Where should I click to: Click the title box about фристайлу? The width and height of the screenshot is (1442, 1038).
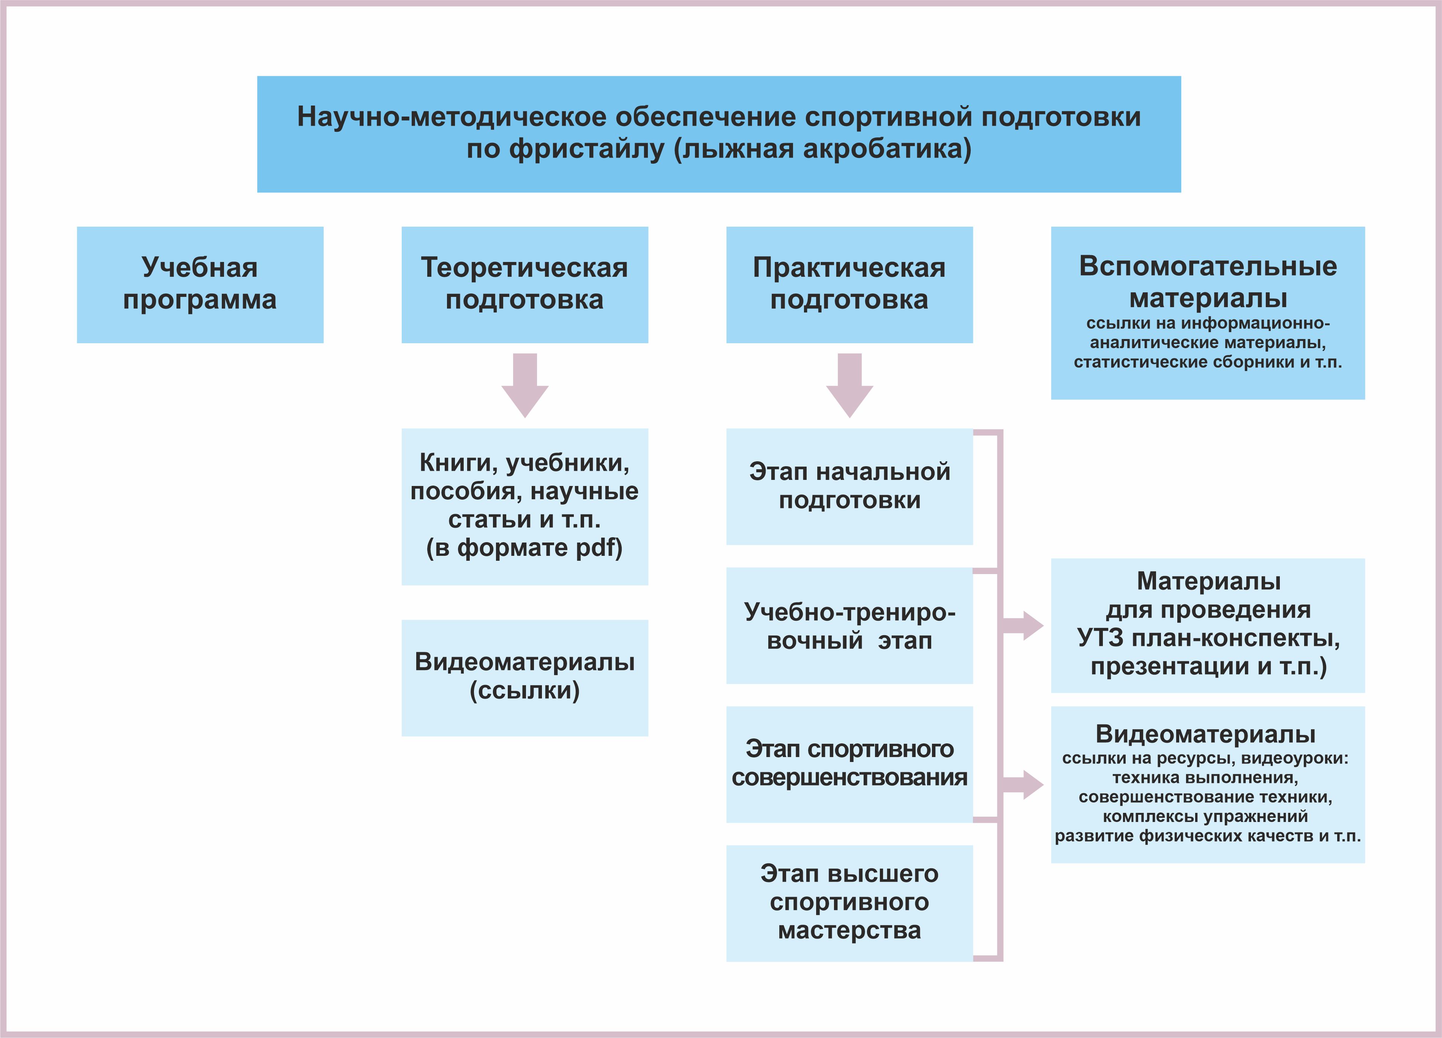pos(719,134)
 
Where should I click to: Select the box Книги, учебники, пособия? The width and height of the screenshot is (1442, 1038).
pos(524,506)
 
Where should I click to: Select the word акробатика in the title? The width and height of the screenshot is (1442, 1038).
pos(887,149)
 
